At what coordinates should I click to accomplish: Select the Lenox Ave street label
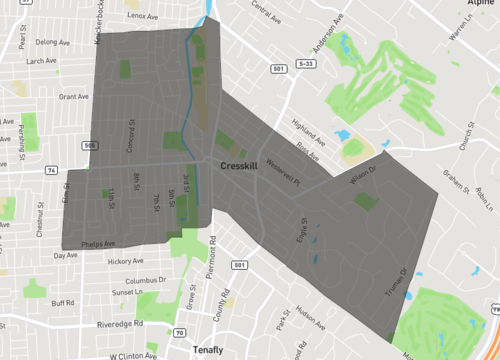point(144,16)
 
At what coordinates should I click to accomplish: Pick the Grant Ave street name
point(74,97)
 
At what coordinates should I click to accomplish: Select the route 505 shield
point(91,146)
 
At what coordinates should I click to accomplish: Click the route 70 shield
point(178,330)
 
